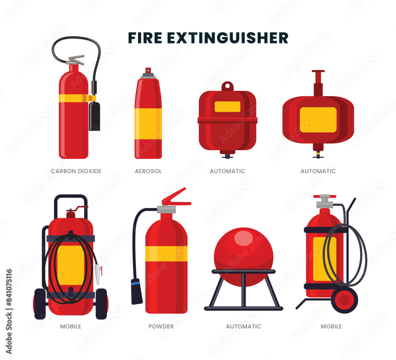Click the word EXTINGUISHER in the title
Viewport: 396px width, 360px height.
click(x=228, y=38)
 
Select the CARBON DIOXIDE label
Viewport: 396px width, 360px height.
click(x=76, y=171)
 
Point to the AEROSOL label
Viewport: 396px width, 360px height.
click(x=148, y=171)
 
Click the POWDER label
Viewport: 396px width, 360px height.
click(x=161, y=326)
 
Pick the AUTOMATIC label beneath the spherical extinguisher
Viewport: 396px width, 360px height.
click(x=244, y=326)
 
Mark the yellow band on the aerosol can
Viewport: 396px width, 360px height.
click(x=148, y=124)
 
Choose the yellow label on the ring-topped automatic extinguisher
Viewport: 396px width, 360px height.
click(x=227, y=107)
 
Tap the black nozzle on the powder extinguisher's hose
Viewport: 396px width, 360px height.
click(x=137, y=291)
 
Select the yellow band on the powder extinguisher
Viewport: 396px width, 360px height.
click(x=166, y=253)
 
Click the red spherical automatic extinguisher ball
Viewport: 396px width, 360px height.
click(x=243, y=253)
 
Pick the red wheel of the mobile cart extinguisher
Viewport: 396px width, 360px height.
click(x=345, y=299)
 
